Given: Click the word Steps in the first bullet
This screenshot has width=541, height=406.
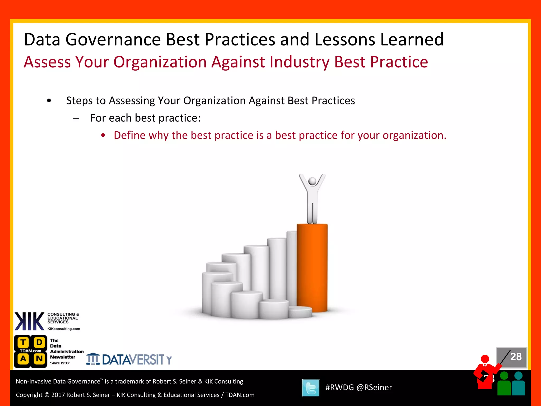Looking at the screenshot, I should tap(79, 101).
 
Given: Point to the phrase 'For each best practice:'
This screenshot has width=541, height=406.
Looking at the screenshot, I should tap(145, 118).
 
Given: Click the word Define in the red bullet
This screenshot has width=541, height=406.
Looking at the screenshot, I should tap(129, 135).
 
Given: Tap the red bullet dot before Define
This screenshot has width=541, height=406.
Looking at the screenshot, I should tap(103, 136).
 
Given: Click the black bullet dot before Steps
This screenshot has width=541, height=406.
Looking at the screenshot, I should tap(49, 101).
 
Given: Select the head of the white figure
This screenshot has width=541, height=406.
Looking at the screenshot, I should tap(312, 181).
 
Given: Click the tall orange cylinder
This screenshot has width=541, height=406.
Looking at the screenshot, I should tap(312, 267).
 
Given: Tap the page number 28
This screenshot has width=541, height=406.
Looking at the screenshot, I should tap(516, 357).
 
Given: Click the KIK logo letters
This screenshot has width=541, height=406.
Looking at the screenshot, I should tap(29, 321).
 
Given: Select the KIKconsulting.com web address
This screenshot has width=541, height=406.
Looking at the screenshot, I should tap(64, 329).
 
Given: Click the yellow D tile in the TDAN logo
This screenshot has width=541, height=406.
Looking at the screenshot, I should tap(39, 342).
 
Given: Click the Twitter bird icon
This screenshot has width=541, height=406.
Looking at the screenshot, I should tap(311, 388).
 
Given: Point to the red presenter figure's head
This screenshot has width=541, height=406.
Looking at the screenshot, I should tap(485, 359).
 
